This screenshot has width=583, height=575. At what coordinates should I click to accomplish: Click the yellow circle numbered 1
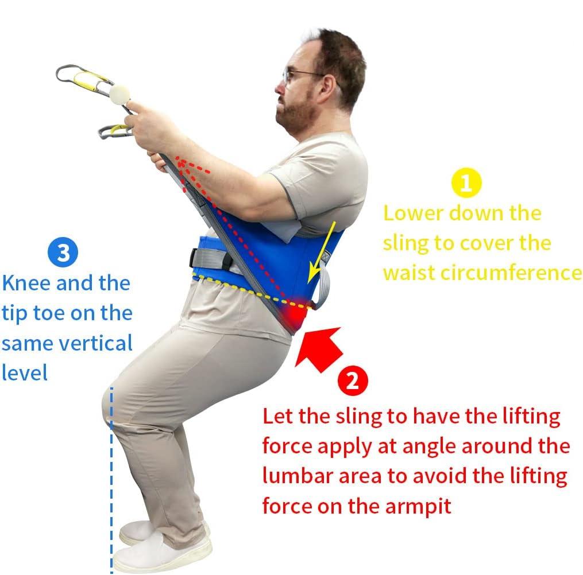(x=466, y=182)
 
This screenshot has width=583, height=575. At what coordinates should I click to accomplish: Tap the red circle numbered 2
(x=353, y=380)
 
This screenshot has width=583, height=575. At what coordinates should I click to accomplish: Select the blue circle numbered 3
(x=63, y=252)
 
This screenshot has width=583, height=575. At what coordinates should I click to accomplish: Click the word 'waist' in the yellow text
(x=408, y=273)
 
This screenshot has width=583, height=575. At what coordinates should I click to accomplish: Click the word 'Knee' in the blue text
(x=26, y=283)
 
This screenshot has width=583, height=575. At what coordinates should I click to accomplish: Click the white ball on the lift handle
(x=119, y=95)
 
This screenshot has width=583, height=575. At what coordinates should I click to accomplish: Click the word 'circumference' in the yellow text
(x=511, y=273)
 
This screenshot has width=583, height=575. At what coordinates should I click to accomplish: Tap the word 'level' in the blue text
(x=25, y=372)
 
